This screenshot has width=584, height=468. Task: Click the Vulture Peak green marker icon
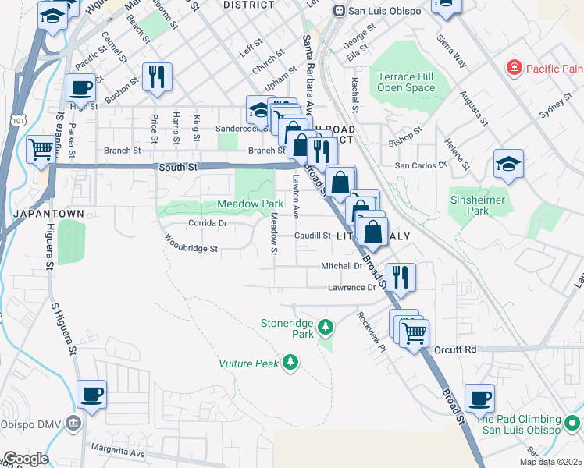click(290, 362)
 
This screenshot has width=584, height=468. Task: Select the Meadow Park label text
click(250, 204)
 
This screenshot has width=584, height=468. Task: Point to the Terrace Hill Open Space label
click(406, 83)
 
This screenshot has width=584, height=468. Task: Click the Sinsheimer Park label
click(477, 205)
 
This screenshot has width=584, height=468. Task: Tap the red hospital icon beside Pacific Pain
click(514, 69)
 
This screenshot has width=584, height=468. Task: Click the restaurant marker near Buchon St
click(157, 76)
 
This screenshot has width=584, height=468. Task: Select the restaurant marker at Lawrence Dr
click(401, 277)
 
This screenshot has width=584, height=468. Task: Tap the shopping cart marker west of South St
click(41, 148)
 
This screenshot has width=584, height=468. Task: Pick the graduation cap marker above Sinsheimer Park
click(508, 164)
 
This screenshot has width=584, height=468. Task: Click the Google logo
click(25, 459)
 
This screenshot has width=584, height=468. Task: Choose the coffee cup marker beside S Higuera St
click(92, 394)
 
